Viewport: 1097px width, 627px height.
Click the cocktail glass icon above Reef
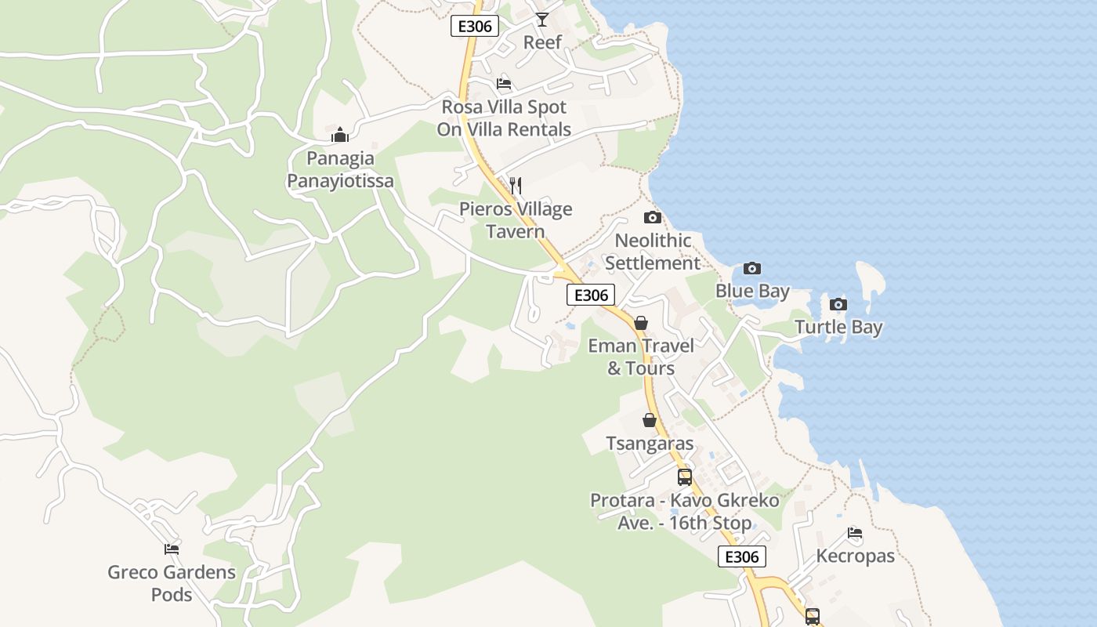(542, 20)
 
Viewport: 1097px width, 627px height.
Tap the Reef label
(542, 42)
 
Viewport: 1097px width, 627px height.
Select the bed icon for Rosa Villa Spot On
(504, 84)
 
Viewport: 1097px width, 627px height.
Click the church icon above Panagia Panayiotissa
(340, 136)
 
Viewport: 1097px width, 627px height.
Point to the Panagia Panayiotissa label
(340, 170)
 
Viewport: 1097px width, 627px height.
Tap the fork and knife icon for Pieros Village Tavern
(516, 186)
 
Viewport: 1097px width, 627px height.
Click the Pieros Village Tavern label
(516, 220)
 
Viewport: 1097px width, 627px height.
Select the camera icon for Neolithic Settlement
(652, 218)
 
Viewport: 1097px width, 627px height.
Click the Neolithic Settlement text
(652, 252)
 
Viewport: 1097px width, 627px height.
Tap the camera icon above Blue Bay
(752, 269)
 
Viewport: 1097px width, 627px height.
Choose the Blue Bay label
(752, 292)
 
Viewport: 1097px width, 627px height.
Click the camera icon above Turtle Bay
(838, 305)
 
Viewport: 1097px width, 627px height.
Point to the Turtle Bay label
(838, 328)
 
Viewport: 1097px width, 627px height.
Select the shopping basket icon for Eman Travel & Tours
(641, 323)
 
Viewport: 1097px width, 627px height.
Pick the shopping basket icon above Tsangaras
(650, 421)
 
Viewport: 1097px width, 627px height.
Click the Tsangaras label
(650, 444)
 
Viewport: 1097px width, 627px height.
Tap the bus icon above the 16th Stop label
(684, 477)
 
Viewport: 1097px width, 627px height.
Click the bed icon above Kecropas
(855, 534)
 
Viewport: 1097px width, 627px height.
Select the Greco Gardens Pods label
(172, 583)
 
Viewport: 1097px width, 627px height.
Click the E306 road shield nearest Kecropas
(741, 556)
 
